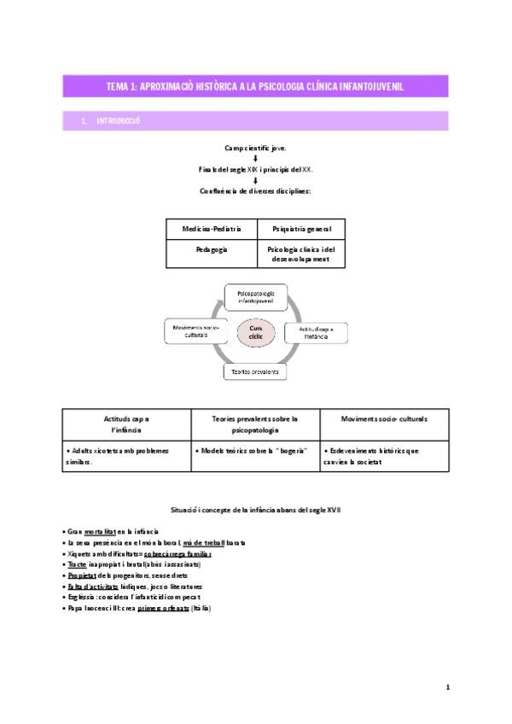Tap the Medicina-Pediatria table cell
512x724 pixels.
pyautogui.click(x=212, y=230)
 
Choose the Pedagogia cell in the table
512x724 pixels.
pyautogui.click(x=212, y=254)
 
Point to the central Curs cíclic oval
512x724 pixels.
pyautogui.click(x=256, y=332)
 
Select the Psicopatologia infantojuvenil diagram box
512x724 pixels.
pyautogui.click(x=256, y=296)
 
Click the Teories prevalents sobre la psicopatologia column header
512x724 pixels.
pyautogui.click(x=255, y=424)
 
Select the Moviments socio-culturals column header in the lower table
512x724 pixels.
pyautogui.click(x=384, y=419)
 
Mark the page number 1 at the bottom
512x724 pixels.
pyautogui.click(x=448, y=686)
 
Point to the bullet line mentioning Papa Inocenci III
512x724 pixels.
pyautogui.click(x=137, y=608)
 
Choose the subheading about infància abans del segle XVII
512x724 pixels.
pyautogui.click(x=256, y=510)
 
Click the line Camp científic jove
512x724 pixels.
pyautogui.click(x=255, y=148)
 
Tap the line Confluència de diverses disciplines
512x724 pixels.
pyautogui.click(x=255, y=190)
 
